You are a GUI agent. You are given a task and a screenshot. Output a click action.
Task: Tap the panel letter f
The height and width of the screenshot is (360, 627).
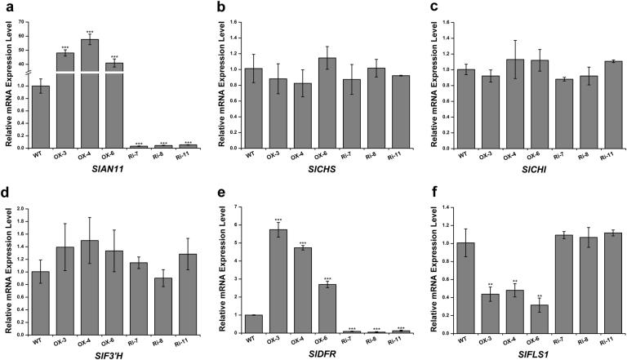429,194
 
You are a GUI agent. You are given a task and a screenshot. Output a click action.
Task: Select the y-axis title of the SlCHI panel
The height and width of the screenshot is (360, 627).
433,78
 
